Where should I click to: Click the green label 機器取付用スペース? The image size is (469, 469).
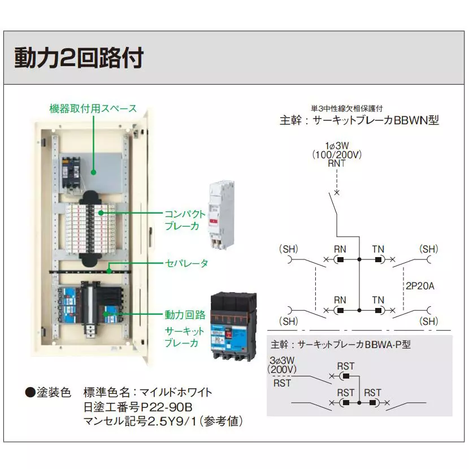(x=93, y=108)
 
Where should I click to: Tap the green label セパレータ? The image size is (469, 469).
(x=186, y=263)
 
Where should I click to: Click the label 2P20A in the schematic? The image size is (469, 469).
(x=420, y=286)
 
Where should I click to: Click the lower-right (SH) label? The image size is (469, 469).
(x=429, y=321)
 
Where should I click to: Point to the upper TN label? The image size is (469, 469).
(x=378, y=249)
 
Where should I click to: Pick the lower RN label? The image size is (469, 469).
(x=340, y=300)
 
